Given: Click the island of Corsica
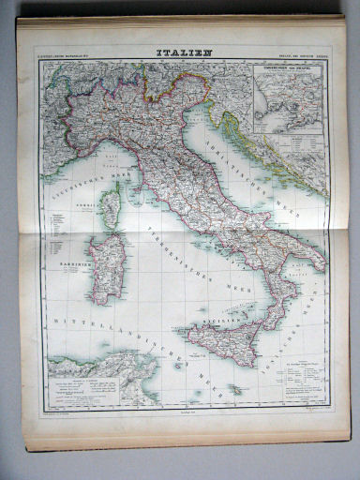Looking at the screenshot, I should coord(111,209).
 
